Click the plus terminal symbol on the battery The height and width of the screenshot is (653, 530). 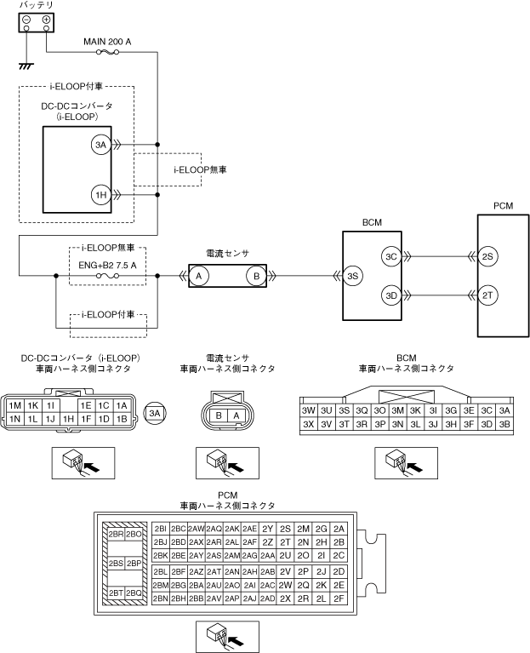[x=46, y=20]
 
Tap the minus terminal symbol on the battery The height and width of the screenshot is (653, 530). [x=26, y=20]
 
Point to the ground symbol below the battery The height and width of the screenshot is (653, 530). [x=26, y=66]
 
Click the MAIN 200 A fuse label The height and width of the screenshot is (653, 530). [x=107, y=42]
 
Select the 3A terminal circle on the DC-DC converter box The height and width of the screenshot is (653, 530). [x=100, y=145]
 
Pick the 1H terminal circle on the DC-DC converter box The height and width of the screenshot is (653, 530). [x=100, y=195]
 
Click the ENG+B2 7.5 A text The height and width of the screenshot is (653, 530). [x=107, y=266]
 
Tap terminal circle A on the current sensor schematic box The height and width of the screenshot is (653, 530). [x=199, y=276]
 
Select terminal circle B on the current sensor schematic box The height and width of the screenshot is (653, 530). [x=256, y=276]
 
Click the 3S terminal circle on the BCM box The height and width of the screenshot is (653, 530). [x=353, y=276]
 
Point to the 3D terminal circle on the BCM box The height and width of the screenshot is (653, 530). [x=391, y=295]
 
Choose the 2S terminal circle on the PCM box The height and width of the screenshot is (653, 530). [x=487, y=256]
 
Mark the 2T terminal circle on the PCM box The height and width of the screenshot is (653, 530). [x=487, y=295]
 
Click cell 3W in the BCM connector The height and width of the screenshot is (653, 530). [x=308, y=410]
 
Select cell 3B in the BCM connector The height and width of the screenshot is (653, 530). [x=504, y=424]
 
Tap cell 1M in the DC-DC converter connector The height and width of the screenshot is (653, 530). [x=15, y=405]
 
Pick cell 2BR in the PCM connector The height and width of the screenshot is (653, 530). [x=115, y=535]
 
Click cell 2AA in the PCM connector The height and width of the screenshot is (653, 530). [x=267, y=556]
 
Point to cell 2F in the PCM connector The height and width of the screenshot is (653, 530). [x=339, y=599]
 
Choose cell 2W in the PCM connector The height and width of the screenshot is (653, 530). [x=285, y=585]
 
